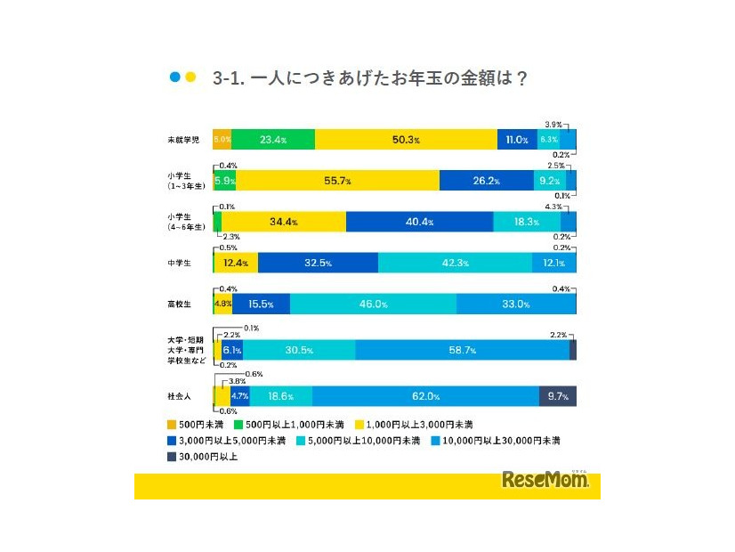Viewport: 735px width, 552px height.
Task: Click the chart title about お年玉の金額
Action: click(371, 78)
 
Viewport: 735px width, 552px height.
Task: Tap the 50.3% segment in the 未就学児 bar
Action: click(406, 140)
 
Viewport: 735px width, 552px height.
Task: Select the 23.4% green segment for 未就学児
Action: click(272, 140)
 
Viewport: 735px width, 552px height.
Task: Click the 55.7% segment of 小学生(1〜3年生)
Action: click(338, 181)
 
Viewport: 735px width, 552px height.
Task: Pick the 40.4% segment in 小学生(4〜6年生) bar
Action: click(419, 222)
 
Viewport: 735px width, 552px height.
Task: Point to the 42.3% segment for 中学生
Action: click(455, 263)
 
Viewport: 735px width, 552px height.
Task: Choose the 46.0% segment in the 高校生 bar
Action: click(373, 304)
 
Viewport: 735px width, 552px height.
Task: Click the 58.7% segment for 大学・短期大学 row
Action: click(462, 350)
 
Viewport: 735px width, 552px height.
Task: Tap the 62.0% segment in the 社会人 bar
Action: click(425, 396)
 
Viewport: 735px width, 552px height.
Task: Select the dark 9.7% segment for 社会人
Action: click(558, 396)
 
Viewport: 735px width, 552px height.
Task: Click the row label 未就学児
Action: click(184, 140)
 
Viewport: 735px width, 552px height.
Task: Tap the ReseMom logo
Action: click(545, 481)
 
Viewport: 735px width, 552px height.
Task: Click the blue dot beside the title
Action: click(174, 77)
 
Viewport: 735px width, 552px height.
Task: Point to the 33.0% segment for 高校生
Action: click(515, 304)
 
